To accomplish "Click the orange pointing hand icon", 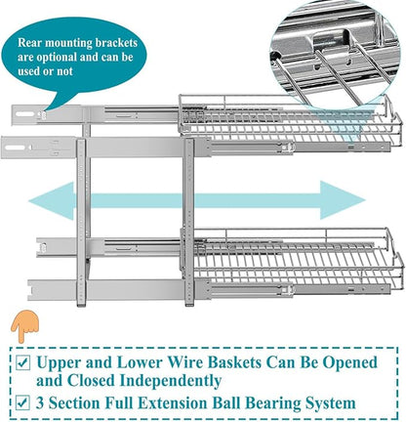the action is tap(24, 327).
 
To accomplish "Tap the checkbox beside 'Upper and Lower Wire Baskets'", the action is tap(23, 362).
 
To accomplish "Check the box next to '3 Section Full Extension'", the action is tap(23, 402).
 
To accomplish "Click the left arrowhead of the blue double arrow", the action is tap(52, 201).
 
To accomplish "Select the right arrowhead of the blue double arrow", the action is tap(343, 200).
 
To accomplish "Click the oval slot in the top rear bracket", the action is tap(25, 114).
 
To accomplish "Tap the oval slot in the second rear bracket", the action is tap(15, 148).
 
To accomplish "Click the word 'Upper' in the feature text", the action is tap(59, 362).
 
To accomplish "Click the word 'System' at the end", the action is tap(334, 403).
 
